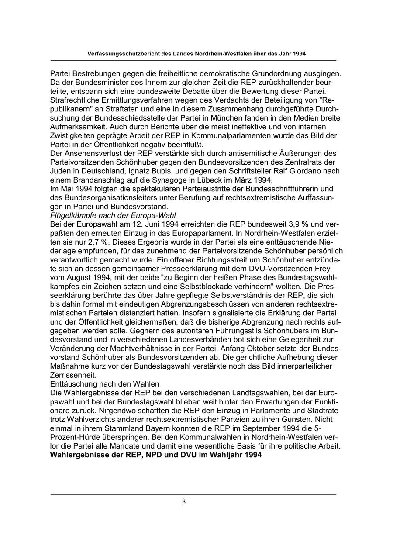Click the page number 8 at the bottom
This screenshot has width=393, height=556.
(184, 501)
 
